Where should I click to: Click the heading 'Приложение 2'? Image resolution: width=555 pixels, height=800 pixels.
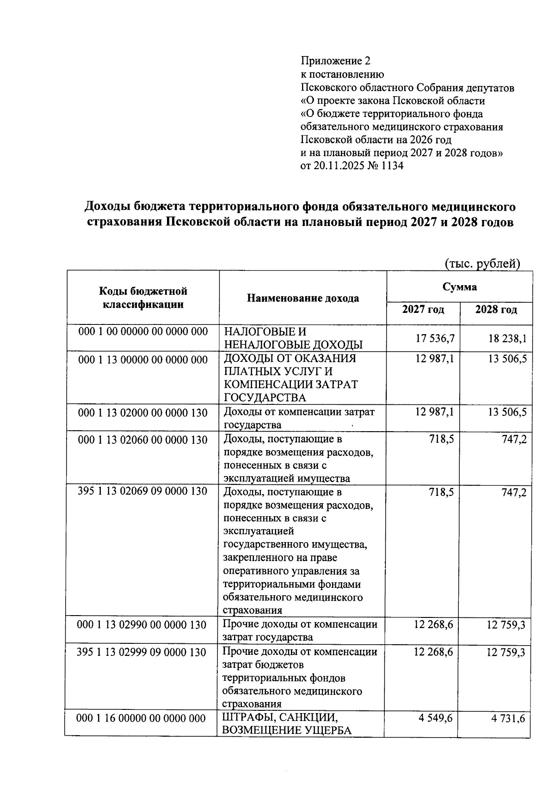pyautogui.click(x=336, y=61)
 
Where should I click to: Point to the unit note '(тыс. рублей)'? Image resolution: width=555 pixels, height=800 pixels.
pyautogui.click(x=482, y=264)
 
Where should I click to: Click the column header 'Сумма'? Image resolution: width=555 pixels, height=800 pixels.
pyautogui.click(x=459, y=287)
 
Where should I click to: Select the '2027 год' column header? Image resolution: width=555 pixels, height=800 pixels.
pyautogui.click(x=423, y=310)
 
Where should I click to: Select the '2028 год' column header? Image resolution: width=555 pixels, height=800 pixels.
pyautogui.click(x=496, y=310)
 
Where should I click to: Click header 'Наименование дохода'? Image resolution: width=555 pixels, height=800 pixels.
pyautogui.click(x=303, y=298)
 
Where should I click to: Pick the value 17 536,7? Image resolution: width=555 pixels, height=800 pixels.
pyautogui.click(x=435, y=338)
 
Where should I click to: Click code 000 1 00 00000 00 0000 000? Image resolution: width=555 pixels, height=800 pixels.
pyautogui.click(x=143, y=332)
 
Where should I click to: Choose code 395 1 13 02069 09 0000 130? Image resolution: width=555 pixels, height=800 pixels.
pyautogui.click(x=142, y=491)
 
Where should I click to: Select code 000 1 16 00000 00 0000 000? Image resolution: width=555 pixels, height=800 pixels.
pyautogui.click(x=142, y=718)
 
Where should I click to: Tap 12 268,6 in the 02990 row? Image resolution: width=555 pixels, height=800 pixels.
pyautogui.click(x=434, y=625)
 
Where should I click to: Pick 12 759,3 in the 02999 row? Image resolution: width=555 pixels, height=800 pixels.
pyautogui.click(x=506, y=652)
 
